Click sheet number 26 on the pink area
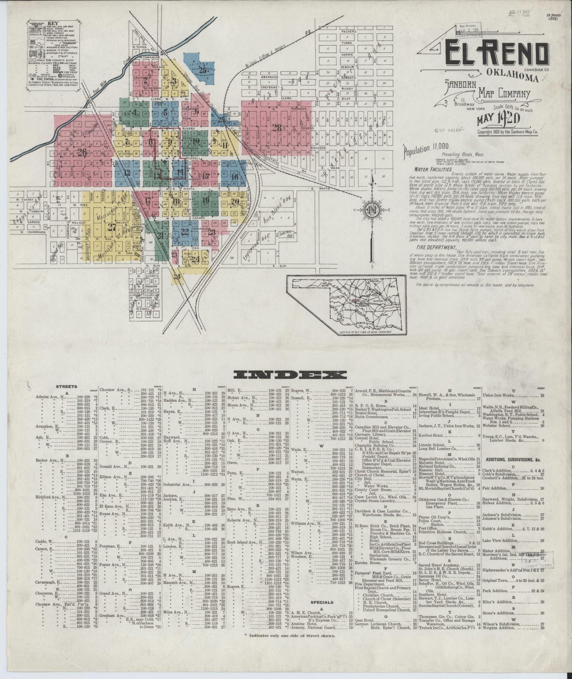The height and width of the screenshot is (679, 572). tap(82, 153)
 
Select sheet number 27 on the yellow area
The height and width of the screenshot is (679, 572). tap(112, 227)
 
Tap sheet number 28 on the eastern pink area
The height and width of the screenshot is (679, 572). tap(277, 128)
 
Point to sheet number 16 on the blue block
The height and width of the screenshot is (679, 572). tap(234, 177)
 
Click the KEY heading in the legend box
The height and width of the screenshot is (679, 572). tap(53, 23)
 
